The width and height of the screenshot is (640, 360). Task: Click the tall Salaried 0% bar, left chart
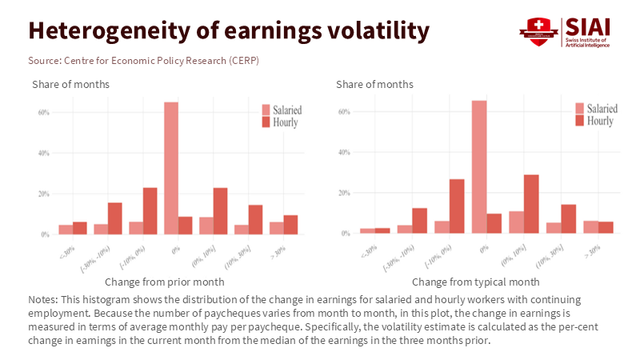tap(170, 168)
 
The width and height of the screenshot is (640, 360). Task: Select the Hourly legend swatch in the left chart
tap(266, 122)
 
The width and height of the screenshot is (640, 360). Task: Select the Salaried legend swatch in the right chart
tap(579, 108)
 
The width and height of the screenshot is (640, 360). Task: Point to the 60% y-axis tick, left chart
tap(43, 112)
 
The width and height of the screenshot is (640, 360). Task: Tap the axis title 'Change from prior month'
tap(165, 282)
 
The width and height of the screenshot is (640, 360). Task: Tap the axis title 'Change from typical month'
tap(475, 282)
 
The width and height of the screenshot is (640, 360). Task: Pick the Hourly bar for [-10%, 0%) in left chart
tap(150, 210)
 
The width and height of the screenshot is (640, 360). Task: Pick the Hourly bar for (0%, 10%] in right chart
tap(531, 204)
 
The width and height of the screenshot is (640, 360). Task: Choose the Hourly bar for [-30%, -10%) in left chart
tap(114, 218)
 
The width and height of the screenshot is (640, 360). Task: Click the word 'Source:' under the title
tap(46, 60)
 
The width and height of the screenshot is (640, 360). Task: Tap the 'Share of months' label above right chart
tap(374, 84)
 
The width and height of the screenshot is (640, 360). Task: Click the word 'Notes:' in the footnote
tap(42, 299)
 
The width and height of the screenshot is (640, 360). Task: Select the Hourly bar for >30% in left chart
tap(290, 225)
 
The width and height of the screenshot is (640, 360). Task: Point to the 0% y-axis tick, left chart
tap(45, 234)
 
